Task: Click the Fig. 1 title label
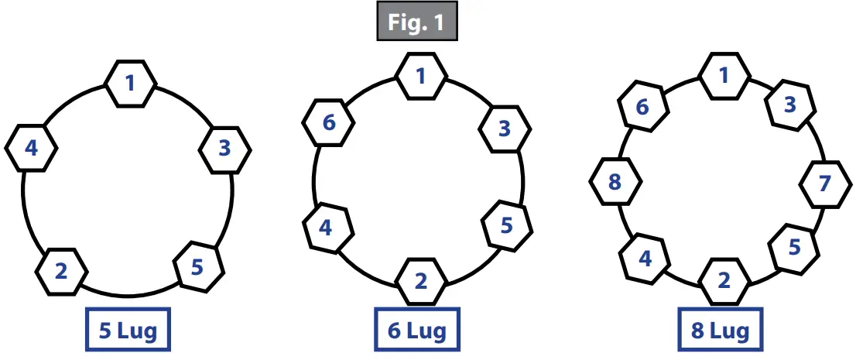pyautogui.click(x=416, y=22)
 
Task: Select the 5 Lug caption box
pyautogui.click(x=128, y=332)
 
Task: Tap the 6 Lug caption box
pyautogui.click(x=416, y=332)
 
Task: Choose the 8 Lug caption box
pyautogui.click(x=720, y=332)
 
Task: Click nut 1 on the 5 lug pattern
pyautogui.click(x=130, y=81)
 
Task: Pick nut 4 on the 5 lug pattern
pyautogui.click(x=31, y=147)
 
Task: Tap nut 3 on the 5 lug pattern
pyautogui.click(x=224, y=148)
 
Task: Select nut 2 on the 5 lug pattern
pyautogui.click(x=62, y=270)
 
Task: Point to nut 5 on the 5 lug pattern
pyautogui.click(x=197, y=267)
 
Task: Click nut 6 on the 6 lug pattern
pyautogui.click(x=329, y=122)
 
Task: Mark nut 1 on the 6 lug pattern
pyautogui.click(x=421, y=76)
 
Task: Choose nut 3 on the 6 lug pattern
pyautogui.click(x=504, y=129)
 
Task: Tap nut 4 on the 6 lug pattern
pyautogui.click(x=327, y=228)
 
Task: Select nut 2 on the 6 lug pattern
pyautogui.click(x=421, y=281)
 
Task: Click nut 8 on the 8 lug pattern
pyautogui.click(x=615, y=183)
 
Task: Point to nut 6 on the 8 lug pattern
pyautogui.click(x=642, y=107)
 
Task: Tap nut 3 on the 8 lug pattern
pyautogui.click(x=790, y=105)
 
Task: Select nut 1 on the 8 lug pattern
pyautogui.click(x=724, y=76)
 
